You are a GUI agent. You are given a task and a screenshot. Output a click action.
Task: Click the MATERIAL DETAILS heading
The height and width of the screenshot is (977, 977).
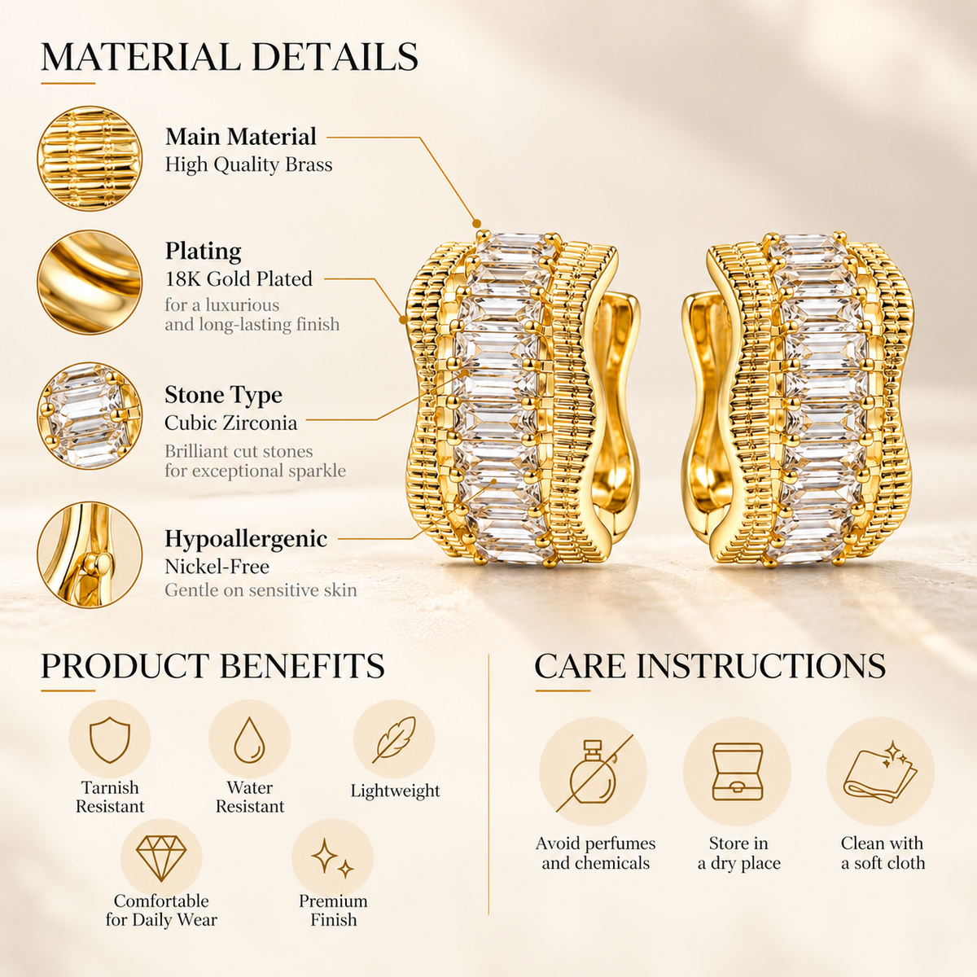229,57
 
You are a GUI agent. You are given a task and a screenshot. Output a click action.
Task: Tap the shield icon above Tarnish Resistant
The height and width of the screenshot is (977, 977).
110,740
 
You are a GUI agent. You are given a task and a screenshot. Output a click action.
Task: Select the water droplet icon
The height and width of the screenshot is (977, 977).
249,740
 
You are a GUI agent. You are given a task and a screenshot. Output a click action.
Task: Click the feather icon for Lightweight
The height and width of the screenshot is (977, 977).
394,740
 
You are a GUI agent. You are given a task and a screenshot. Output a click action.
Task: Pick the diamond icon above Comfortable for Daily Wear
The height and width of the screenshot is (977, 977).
161,858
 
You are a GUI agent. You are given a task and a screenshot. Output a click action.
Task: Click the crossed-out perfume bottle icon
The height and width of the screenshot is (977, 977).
594,773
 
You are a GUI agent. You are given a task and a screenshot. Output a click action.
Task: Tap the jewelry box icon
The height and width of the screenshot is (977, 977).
737,772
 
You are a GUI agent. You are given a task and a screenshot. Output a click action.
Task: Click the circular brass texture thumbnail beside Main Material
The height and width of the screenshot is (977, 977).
90,158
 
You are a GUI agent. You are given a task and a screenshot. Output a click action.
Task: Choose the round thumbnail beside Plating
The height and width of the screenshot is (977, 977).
90,282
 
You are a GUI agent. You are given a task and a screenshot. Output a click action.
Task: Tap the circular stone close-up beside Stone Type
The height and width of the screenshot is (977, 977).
90,416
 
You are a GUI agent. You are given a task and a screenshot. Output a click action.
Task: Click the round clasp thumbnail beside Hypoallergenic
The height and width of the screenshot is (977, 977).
90,554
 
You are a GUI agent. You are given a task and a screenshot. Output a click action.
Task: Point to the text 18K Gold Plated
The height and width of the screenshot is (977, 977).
239,279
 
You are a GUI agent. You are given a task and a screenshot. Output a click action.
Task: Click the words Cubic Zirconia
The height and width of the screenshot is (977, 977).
230,423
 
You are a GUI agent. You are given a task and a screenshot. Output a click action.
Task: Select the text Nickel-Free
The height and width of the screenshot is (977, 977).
217,567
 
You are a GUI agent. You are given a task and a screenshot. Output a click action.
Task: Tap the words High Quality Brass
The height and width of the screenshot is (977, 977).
248,164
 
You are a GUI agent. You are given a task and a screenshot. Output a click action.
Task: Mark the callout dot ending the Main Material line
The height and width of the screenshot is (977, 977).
476,223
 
